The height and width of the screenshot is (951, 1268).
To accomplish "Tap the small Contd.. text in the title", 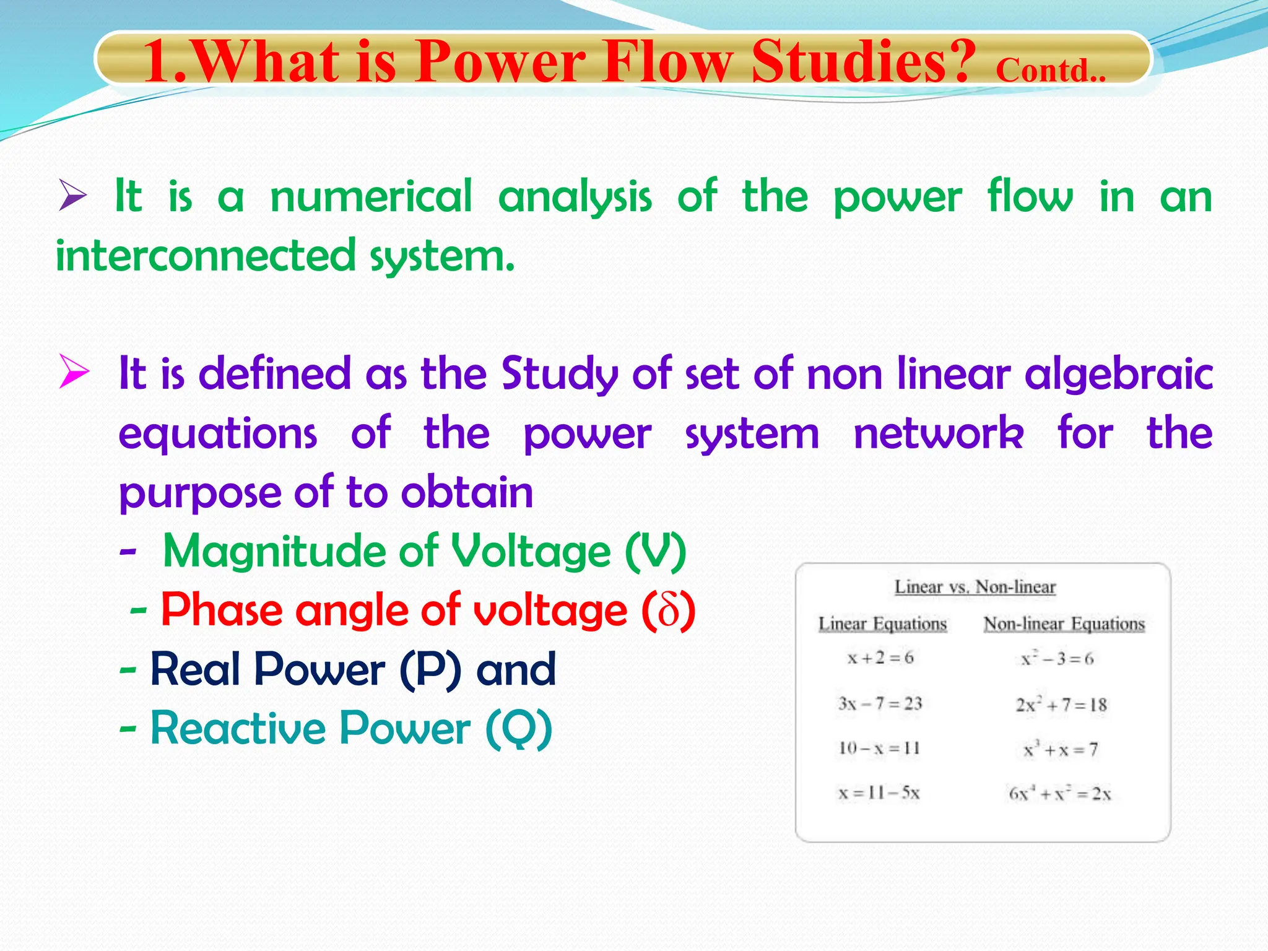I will click(1050, 71).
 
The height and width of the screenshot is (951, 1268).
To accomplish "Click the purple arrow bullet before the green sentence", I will click(72, 195).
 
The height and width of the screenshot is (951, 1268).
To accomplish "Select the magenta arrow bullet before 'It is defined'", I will click(74, 371).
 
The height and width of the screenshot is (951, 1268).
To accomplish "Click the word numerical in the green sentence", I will click(371, 196).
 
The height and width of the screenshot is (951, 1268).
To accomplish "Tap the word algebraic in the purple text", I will click(1118, 375).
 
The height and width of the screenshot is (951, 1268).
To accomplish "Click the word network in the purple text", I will click(938, 433).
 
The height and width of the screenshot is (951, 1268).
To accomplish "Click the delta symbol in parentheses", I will click(669, 610).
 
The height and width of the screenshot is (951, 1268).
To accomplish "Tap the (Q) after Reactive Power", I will click(519, 729).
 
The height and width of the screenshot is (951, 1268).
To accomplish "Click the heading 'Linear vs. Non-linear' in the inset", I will click(975, 586).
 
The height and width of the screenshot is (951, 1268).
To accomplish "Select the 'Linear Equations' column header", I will click(882, 623).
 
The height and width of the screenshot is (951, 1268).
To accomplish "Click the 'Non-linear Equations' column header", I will click(1064, 623).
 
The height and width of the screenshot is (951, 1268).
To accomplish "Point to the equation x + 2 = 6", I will click(880, 658).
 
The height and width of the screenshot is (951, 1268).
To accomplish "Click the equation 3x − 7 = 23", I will click(880, 703).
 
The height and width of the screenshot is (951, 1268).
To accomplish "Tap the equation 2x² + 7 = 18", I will click(1061, 705).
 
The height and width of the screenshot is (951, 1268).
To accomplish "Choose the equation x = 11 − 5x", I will click(879, 793).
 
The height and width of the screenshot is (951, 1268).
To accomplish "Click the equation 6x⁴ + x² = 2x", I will click(1059, 793).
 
